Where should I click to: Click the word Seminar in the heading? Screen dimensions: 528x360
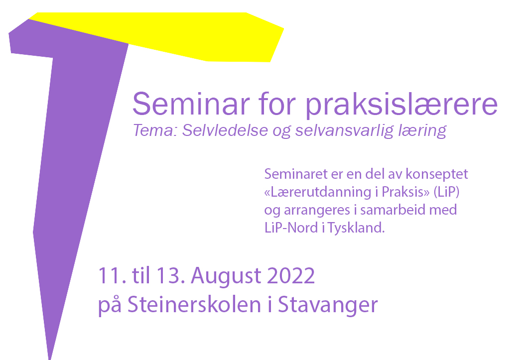pos(191,104)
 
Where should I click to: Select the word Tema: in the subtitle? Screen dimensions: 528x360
pos(155,130)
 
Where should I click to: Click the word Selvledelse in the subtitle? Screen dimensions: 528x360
pos(225,130)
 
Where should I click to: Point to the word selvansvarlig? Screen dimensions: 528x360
pos(344,131)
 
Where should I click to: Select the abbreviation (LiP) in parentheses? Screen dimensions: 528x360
pos(446,192)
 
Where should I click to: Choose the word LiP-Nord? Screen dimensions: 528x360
pos(291,228)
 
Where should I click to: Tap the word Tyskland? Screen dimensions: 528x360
pos(356,228)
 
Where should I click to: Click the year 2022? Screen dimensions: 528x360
pos(291,276)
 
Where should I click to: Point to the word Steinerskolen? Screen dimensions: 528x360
pos(194,304)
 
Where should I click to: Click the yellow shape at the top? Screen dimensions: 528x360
pos(202,35)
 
